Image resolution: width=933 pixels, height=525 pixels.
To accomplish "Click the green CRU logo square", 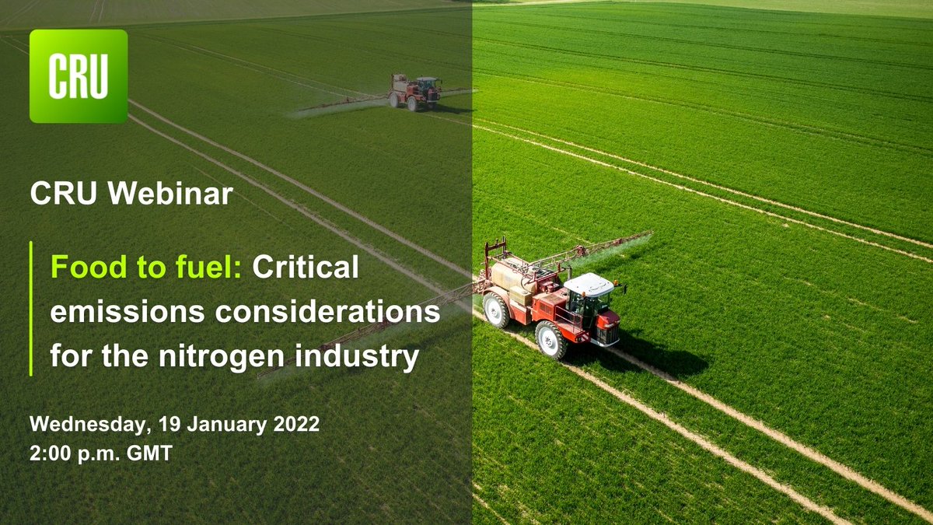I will point(79,76).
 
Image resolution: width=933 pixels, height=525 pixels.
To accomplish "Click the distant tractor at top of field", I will point(414,92).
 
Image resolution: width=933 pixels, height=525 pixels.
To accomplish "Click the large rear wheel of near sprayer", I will point(496,310).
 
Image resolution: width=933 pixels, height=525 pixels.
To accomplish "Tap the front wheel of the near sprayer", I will point(551,339).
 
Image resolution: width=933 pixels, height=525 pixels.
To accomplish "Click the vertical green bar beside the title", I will point(31,309).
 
